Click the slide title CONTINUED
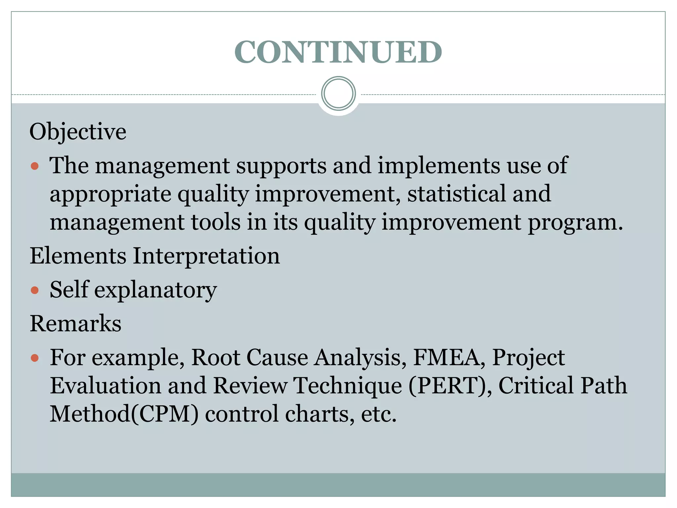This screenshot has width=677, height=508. (x=338, y=52)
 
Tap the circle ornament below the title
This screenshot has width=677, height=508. (x=338, y=94)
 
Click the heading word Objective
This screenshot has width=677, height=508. (x=78, y=132)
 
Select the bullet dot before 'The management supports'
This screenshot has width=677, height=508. (x=35, y=166)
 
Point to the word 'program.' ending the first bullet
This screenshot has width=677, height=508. (x=575, y=223)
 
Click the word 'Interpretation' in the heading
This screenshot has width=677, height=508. (x=206, y=256)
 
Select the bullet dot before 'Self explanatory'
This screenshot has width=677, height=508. (x=35, y=290)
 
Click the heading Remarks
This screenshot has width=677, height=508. (x=76, y=323)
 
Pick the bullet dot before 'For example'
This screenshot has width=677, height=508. (x=35, y=358)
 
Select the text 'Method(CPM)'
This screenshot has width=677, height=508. (x=124, y=414)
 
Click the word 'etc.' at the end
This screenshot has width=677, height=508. (x=378, y=414)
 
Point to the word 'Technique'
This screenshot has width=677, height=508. (x=348, y=386)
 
